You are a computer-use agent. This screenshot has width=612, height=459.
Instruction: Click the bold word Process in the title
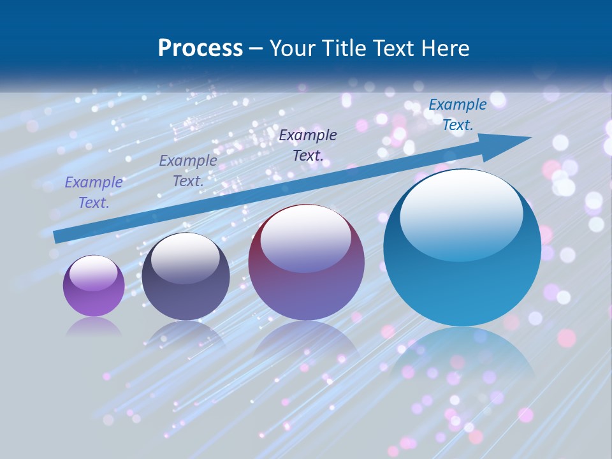pos(200,48)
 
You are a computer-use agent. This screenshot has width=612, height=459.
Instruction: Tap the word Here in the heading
pos(446,48)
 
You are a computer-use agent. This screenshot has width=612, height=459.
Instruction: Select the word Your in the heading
pos(293,48)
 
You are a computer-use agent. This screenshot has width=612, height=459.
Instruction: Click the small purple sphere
pos(94,286)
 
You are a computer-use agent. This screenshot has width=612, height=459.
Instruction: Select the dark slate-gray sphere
pos(186,276)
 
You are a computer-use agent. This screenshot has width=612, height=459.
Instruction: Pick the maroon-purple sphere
pos(306,262)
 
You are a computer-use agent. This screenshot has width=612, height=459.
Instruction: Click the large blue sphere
pos(462,247)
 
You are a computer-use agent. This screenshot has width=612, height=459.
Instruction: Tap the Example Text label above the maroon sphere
pos(308,145)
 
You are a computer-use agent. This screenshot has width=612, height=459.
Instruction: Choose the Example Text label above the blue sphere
pos(457,115)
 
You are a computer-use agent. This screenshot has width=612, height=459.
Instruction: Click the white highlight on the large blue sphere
pos(461,214)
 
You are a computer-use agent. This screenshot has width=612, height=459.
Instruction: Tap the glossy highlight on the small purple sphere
pos(93,273)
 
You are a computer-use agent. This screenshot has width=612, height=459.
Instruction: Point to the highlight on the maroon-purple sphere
pos(305,237)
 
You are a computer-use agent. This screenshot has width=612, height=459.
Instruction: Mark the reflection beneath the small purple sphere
pos(94,327)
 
